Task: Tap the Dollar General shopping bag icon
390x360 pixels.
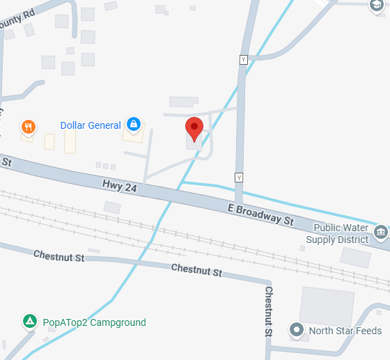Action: [133, 125]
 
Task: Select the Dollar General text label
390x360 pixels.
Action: [91, 125]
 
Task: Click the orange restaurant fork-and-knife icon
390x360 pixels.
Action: [29, 127]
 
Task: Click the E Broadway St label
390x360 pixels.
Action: [260, 214]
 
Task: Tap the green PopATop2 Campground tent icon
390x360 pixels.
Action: [29, 322]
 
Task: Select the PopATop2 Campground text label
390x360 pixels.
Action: [94, 322]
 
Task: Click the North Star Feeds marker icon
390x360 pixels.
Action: [297, 330]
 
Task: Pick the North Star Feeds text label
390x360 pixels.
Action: [345, 331]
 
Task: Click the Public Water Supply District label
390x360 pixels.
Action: [341, 233]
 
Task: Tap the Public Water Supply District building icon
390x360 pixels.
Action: [380, 230]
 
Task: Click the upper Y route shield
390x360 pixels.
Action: [243, 60]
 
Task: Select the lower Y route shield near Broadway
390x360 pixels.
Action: [240, 178]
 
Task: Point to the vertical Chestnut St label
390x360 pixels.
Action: [269, 311]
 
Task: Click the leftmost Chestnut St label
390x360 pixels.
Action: [58, 257]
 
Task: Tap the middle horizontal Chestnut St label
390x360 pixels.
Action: [196, 269]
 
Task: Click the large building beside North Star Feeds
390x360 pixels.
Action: [326, 304]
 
